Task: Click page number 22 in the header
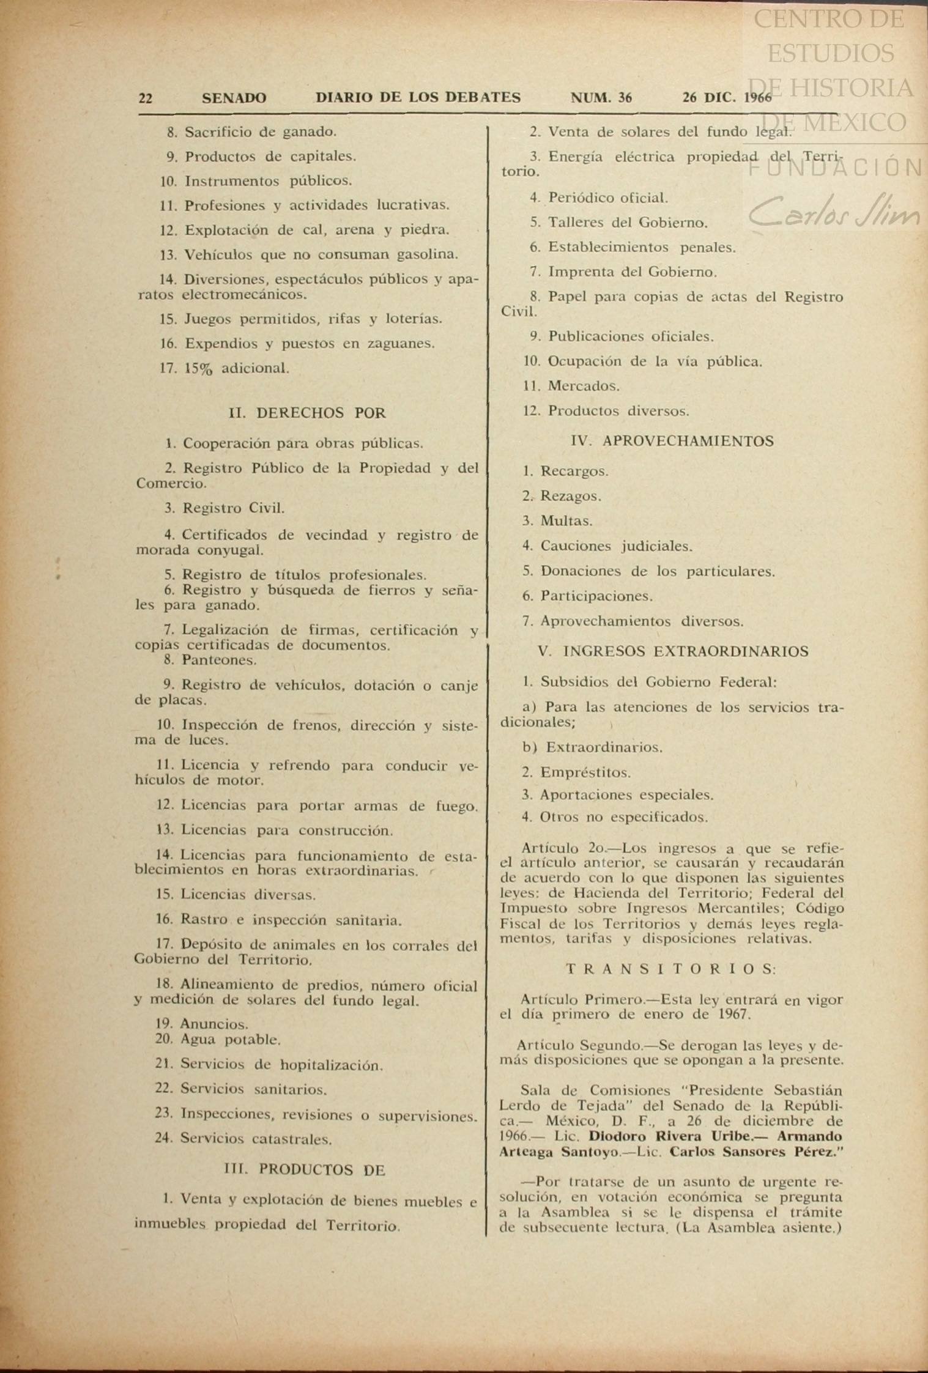(146, 98)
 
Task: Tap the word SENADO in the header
(234, 98)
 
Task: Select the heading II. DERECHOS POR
(307, 413)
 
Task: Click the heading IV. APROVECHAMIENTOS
(672, 441)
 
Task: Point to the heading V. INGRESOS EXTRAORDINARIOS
(673, 651)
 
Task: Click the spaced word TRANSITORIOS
(672, 969)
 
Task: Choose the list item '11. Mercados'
(571, 386)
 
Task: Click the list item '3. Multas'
(557, 521)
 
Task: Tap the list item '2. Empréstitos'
(576, 772)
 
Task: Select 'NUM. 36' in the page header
(601, 98)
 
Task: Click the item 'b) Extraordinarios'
(593, 747)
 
